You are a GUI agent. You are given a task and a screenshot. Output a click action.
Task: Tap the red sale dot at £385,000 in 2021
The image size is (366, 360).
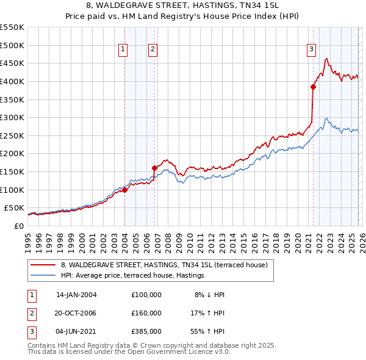click(x=313, y=87)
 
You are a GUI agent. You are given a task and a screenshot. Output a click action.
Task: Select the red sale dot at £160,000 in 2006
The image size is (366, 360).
click(x=154, y=168)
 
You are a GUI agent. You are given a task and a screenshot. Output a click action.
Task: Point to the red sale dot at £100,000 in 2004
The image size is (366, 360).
click(x=124, y=190)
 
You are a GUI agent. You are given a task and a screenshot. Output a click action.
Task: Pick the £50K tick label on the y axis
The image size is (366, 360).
click(x=14, y=207)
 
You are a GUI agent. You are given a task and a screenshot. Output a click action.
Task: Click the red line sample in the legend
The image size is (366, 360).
click(x=43, y=265)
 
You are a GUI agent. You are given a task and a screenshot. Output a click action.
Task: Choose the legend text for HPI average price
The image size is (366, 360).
click(x=132, y=276)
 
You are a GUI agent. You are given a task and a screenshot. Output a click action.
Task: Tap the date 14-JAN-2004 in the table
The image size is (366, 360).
click(x=76, y=295)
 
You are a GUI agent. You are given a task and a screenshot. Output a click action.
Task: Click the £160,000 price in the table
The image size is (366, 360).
click(x=146, y=313)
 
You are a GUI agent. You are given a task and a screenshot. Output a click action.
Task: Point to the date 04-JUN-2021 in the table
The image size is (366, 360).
click(x=76, y=331)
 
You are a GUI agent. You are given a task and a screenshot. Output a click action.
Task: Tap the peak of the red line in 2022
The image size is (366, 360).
click(x=327, y=59)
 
